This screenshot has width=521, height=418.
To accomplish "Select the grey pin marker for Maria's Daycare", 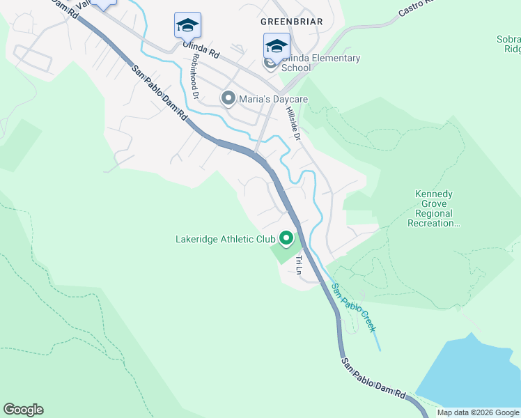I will (x=228, y=99).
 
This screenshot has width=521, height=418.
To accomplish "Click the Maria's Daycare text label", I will (x=274, y=100).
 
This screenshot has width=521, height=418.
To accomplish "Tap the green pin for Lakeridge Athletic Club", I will (x=286, y=239).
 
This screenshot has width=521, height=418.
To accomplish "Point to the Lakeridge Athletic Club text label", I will (x=225, y=239).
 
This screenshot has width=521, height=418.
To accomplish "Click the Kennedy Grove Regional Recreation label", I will (x=434, y=209).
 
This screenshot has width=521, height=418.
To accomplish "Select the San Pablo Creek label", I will (x=355, y=307).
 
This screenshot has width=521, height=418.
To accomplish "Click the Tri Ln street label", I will (x=299, y=264).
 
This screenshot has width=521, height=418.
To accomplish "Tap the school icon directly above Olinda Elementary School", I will (x=277, y=47).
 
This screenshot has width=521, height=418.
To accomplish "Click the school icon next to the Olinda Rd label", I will (x=187, y=26).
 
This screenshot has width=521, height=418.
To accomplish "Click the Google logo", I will (x=23, y=410).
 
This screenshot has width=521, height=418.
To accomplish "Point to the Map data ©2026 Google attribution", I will (x=478, y=412).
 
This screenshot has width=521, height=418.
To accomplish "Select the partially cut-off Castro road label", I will (x=415, y=8).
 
